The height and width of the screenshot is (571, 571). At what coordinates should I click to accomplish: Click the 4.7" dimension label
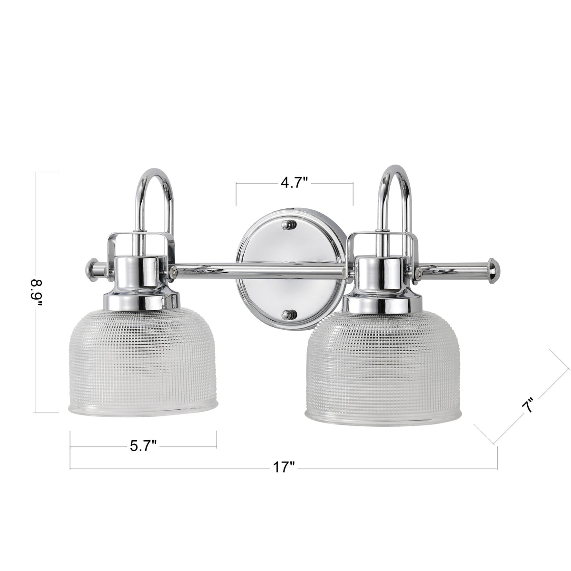click(295, 183)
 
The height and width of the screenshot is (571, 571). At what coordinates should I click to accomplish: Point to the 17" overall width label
click(285, 468)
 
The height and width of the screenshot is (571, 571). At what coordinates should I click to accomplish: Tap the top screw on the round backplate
click(287, 225)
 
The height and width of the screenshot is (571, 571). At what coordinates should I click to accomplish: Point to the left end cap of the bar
click(92, 269)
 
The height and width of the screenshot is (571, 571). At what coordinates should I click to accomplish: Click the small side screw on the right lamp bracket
click(419, 272)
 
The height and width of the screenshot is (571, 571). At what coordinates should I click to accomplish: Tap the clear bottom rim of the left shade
click(143, 410)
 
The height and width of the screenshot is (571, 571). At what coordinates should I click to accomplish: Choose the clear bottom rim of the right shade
click(383, 417)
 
